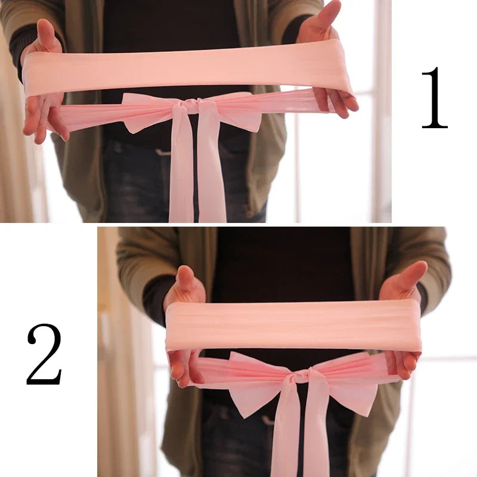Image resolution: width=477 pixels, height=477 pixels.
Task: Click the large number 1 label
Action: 434,98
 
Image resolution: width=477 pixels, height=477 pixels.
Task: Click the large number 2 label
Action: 44,355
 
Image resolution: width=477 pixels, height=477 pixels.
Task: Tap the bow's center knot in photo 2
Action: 302,376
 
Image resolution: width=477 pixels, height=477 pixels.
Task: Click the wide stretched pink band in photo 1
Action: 185,69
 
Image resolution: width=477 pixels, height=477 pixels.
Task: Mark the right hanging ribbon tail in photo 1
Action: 212,173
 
